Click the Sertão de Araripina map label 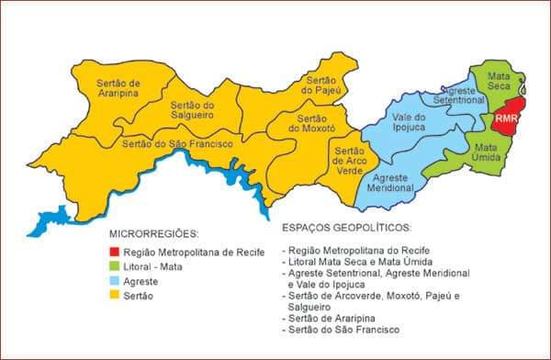point(120,88)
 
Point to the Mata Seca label point(500,81)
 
